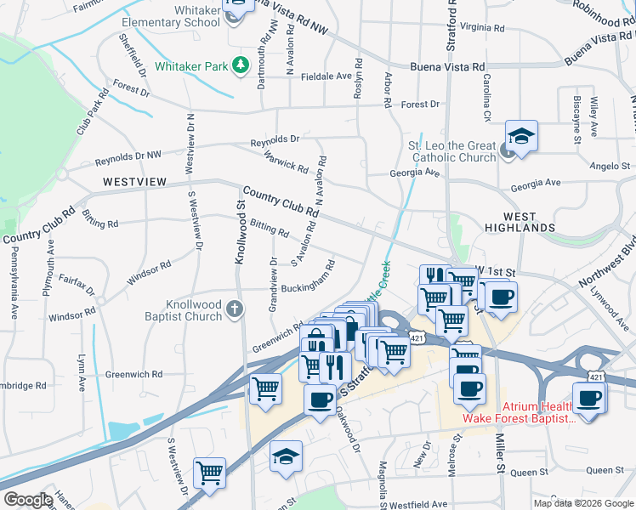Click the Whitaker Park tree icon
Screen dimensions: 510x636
click(242, 65)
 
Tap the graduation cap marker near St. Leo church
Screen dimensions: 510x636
click(521, 136)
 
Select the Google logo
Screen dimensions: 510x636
click(27, 500)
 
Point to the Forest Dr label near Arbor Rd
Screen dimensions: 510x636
click(420, 105)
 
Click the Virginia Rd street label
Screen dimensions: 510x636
click(482, 27)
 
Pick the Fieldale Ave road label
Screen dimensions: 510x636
click(327, 76)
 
